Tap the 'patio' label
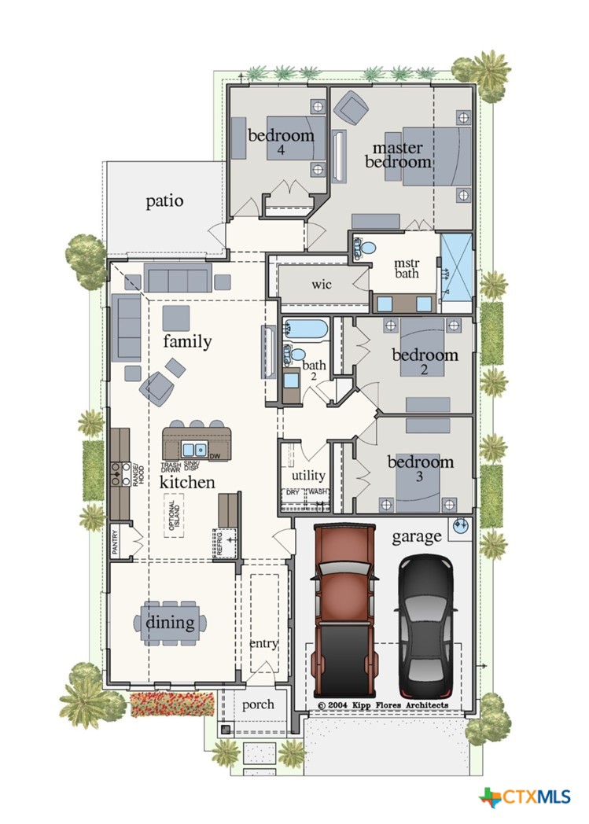tap(164, 201)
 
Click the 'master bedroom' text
tap(401, 155)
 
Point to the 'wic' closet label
tap(322, 284)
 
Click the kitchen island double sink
tap(193, 449)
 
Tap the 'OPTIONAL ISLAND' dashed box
tap(174, 515)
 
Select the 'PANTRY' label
tap(115, 543)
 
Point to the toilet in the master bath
tap(363, 248)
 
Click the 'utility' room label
tap(307, 476)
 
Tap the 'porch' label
tap(257, 704)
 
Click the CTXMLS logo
tap(525, 796)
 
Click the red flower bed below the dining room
tap(171, 704)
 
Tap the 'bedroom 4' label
tap(281, 141)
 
